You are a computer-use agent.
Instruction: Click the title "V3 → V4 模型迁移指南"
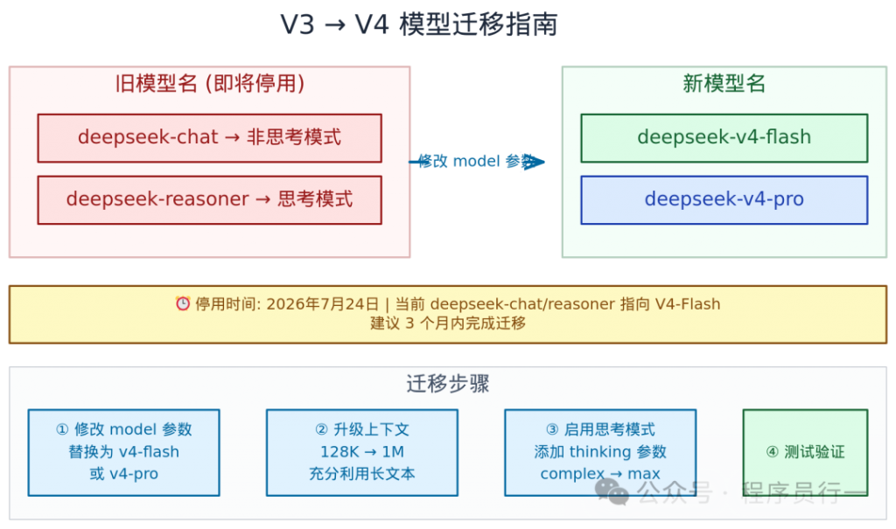[418, 24]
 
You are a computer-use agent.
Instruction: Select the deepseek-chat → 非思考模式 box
[209, 138]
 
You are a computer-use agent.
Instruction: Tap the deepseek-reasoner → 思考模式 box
[209, 199]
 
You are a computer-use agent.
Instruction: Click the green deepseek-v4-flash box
[724, 138]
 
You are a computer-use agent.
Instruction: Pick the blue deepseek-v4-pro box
[724, 199]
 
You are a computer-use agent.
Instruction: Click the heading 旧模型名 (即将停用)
[210, 84]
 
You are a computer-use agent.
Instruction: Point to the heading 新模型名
[724, 84]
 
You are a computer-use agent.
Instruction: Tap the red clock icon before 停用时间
[183, 304]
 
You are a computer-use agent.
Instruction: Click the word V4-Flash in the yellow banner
[688, 304]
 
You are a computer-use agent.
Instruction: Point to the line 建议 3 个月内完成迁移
[447, 324]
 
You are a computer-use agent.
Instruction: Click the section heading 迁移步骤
[447, 384]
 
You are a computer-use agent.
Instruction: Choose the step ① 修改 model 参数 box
[123, 452]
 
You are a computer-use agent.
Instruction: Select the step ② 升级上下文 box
[361, 452]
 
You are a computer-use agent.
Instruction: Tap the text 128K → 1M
[361, 452]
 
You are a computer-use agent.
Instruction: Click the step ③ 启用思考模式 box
[599, 452]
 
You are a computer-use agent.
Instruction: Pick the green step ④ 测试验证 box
[805, 452]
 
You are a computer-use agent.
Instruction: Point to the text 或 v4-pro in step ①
[123, 474]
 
